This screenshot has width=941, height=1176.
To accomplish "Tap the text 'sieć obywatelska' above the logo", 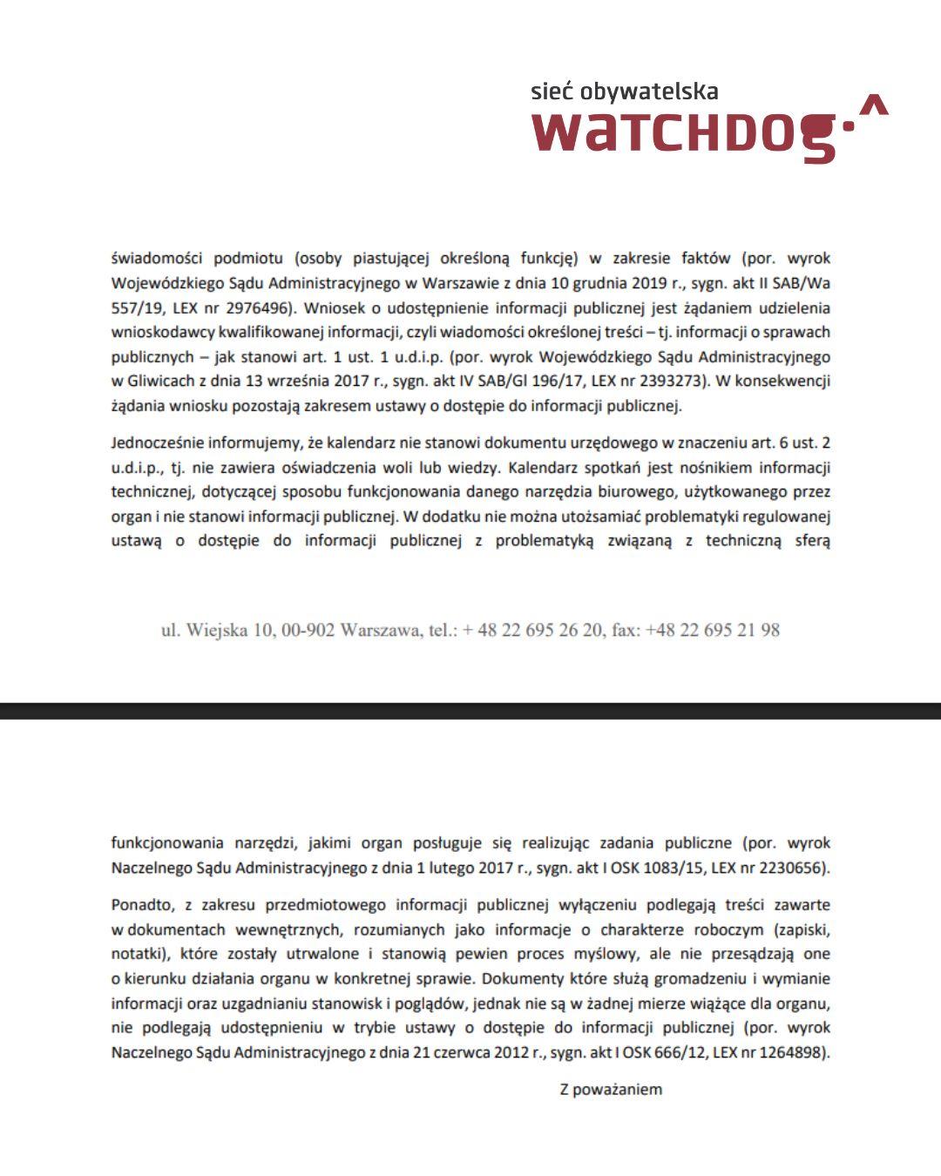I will click(x=625, y=91).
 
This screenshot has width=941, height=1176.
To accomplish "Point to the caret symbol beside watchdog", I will click(x=873, y=106).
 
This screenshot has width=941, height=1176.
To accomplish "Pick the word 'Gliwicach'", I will click(x=160, y=381).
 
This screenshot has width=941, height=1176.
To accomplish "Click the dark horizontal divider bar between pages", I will click(x=470, y=711).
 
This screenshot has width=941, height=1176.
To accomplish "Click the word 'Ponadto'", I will click(x=142, y=904).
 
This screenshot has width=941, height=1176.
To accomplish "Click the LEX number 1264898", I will click(x=789, y=1052).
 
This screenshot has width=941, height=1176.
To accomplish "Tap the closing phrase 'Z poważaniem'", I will click(x=611, y=1089).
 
